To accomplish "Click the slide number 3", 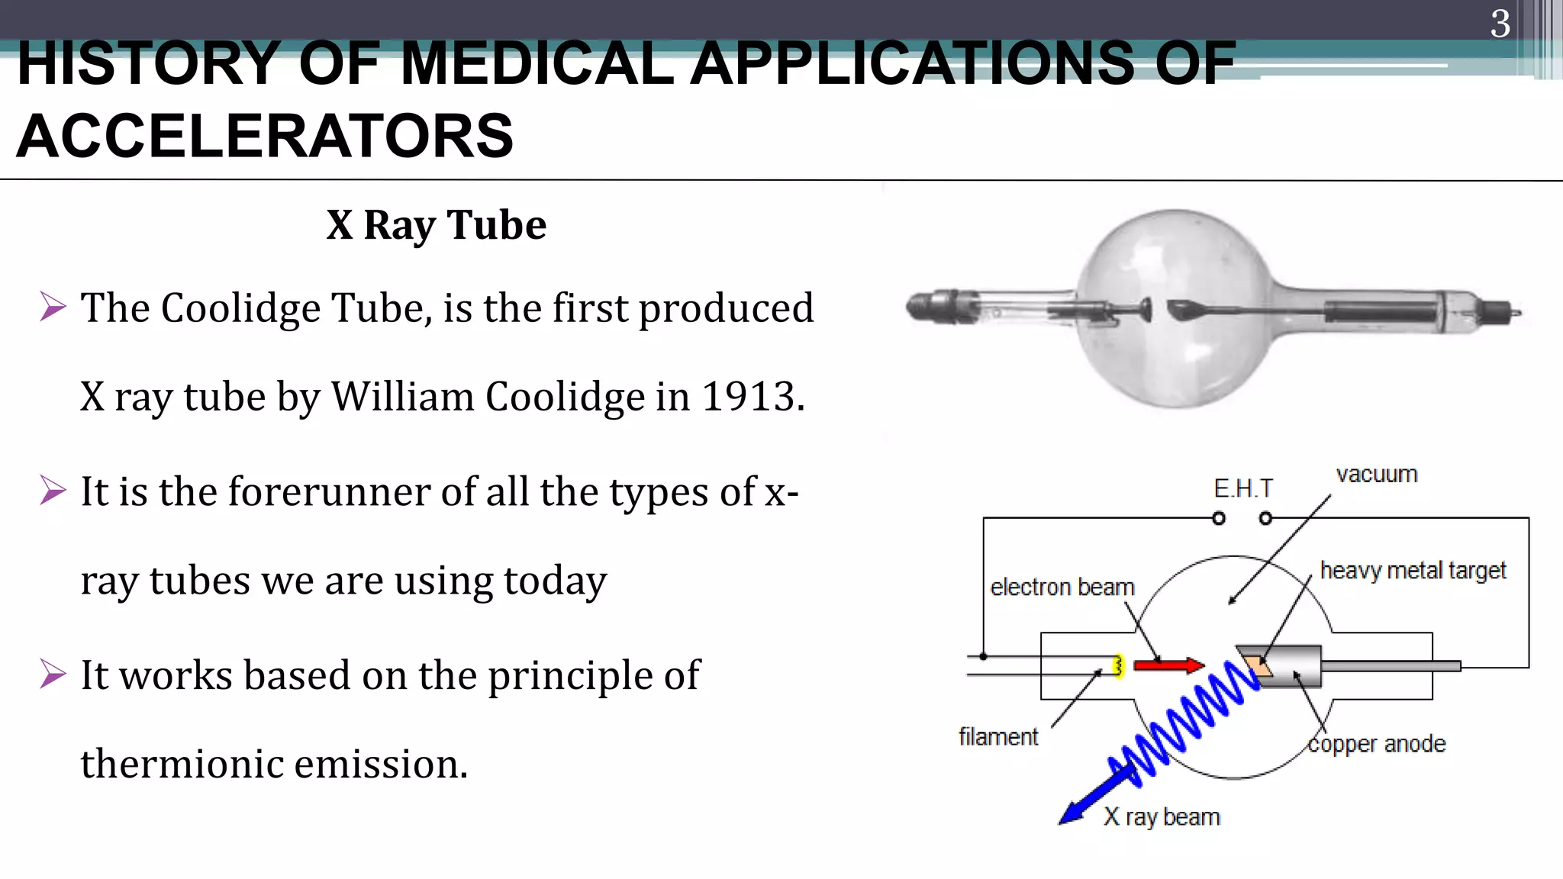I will pos(1500,24).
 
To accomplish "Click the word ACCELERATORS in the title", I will pos(265,137).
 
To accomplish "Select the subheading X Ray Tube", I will pos(436,225).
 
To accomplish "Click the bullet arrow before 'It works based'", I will pos(53,674).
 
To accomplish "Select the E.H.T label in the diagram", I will pos(1242,488).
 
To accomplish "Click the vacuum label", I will pos(1376,475).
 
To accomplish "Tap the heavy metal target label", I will pos(1413,571).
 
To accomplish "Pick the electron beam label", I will pos(1062,588).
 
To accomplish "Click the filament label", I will pos(998,737).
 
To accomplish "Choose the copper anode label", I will pos(1376,744).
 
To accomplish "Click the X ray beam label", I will pos(1162,817).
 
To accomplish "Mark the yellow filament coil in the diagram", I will pos(1118,666).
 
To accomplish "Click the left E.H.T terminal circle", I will pos(1219,519).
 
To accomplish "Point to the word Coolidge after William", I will pos(565,397).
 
